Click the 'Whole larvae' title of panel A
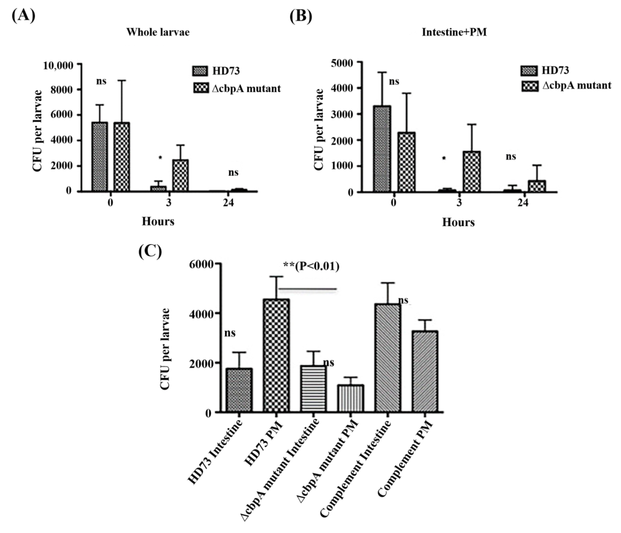pos(158,32)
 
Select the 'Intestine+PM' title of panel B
pos(454,32)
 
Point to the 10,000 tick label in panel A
pos(58,65)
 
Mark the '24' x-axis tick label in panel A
pos(228,203)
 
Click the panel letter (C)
pos(150,251)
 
